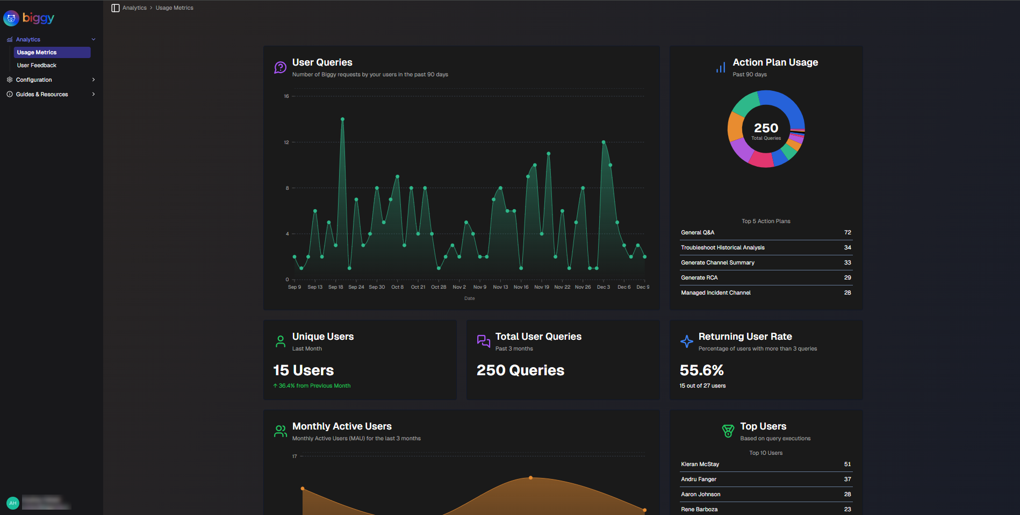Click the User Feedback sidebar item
37,65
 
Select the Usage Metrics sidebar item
37,52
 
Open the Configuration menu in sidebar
34,80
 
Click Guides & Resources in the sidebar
42,94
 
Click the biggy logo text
38,18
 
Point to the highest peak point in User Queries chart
342,119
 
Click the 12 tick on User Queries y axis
286,142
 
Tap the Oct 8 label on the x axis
397,287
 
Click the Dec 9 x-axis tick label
643,287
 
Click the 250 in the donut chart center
766,128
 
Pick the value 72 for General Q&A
847,232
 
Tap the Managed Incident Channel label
715,292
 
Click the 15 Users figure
303,370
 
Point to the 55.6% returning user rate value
701,370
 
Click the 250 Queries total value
520,370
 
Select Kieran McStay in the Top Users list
700,464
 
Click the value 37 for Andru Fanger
847,479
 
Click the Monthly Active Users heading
342,426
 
